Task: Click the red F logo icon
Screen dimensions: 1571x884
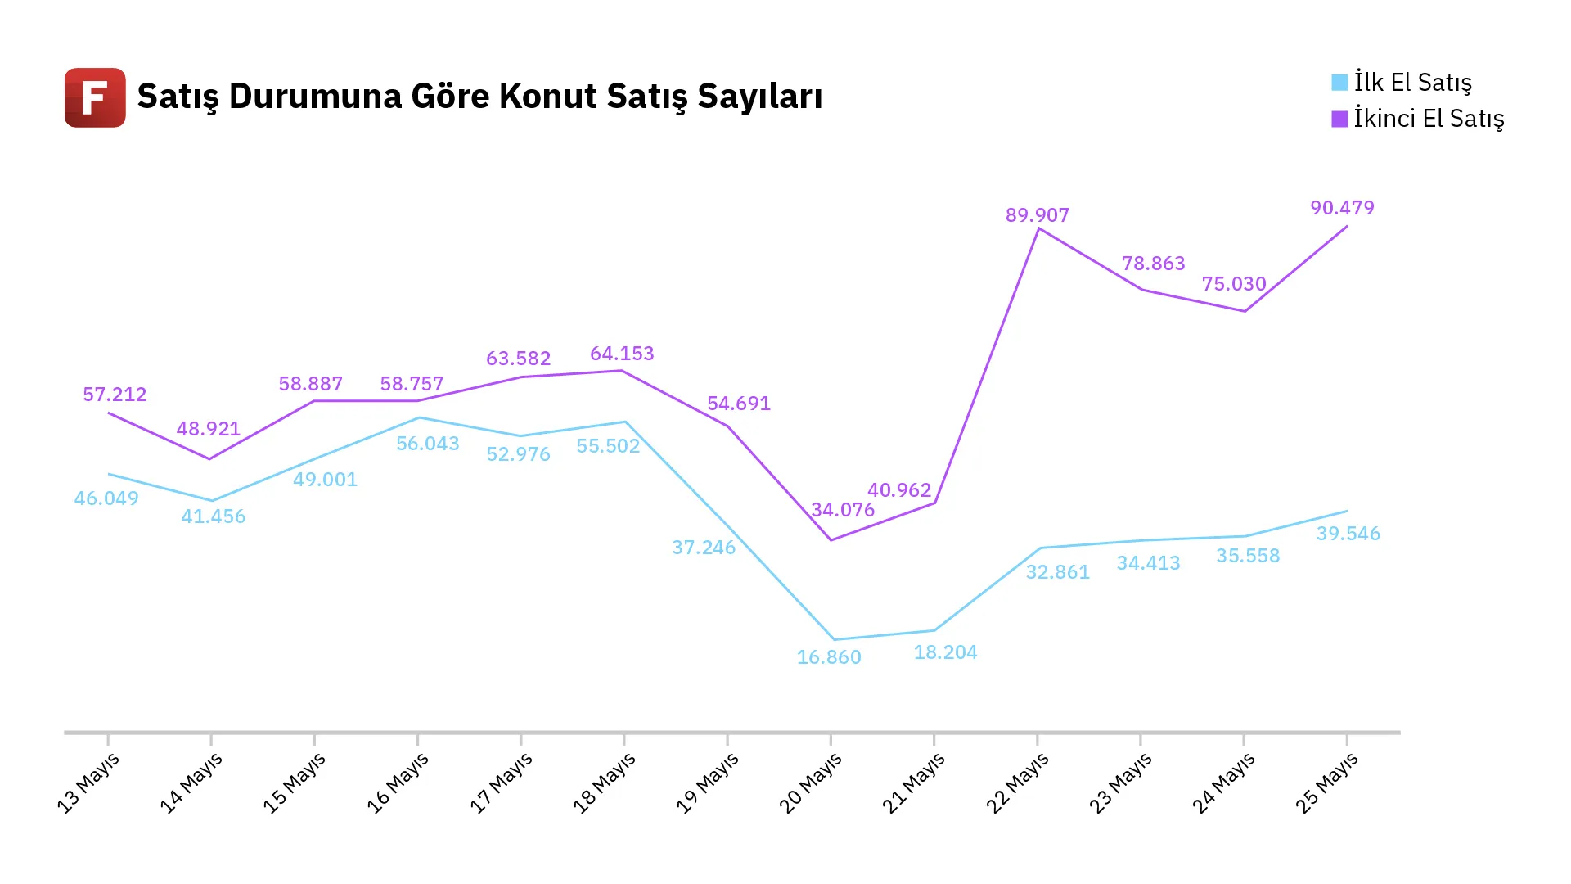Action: pyautogui.click(x=95, y=97)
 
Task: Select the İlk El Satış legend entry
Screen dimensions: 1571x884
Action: pyautogui.click(x=1402, y=83)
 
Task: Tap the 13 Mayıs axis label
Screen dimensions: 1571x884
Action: pyautogui.click(x=88, y=783)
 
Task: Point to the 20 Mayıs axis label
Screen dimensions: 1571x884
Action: pyautogui.click(x=810, y=783)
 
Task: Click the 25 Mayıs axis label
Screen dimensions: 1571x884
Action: pyautogui.click(x=1326, y=783)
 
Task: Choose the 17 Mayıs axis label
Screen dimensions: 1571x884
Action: pyautogui.click(x=501, y=783)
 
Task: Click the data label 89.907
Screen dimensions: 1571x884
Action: pyautogui.click(x=1038, y=215)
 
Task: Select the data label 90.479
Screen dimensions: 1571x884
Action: pyautogui.click(x=1343, y=208)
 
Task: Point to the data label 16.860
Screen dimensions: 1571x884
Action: pyautogui.click(x=829, y=657)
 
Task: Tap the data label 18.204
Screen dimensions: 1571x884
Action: pyautogui.click(x=946, y=652)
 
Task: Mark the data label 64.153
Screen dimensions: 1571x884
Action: pyautogui.click(x=623, y=354)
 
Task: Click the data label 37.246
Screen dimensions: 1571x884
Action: pyautogui.click(x=704, y=548)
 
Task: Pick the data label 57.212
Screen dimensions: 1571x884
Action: pyautogui.click(x=115, y=395)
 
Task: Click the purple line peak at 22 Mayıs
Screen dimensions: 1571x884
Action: pyautogui.click(x=1038, y=228)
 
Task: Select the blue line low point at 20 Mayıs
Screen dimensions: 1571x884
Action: pyautogui.click(x=834, y=639)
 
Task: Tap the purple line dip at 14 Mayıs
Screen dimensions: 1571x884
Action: pyautogui.click(x=210, y=458)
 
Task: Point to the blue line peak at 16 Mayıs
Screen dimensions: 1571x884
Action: pyautogui.click(x=419, y=417)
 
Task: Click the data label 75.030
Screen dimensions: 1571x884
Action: pyautogui.click(x=1234, y=284)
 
